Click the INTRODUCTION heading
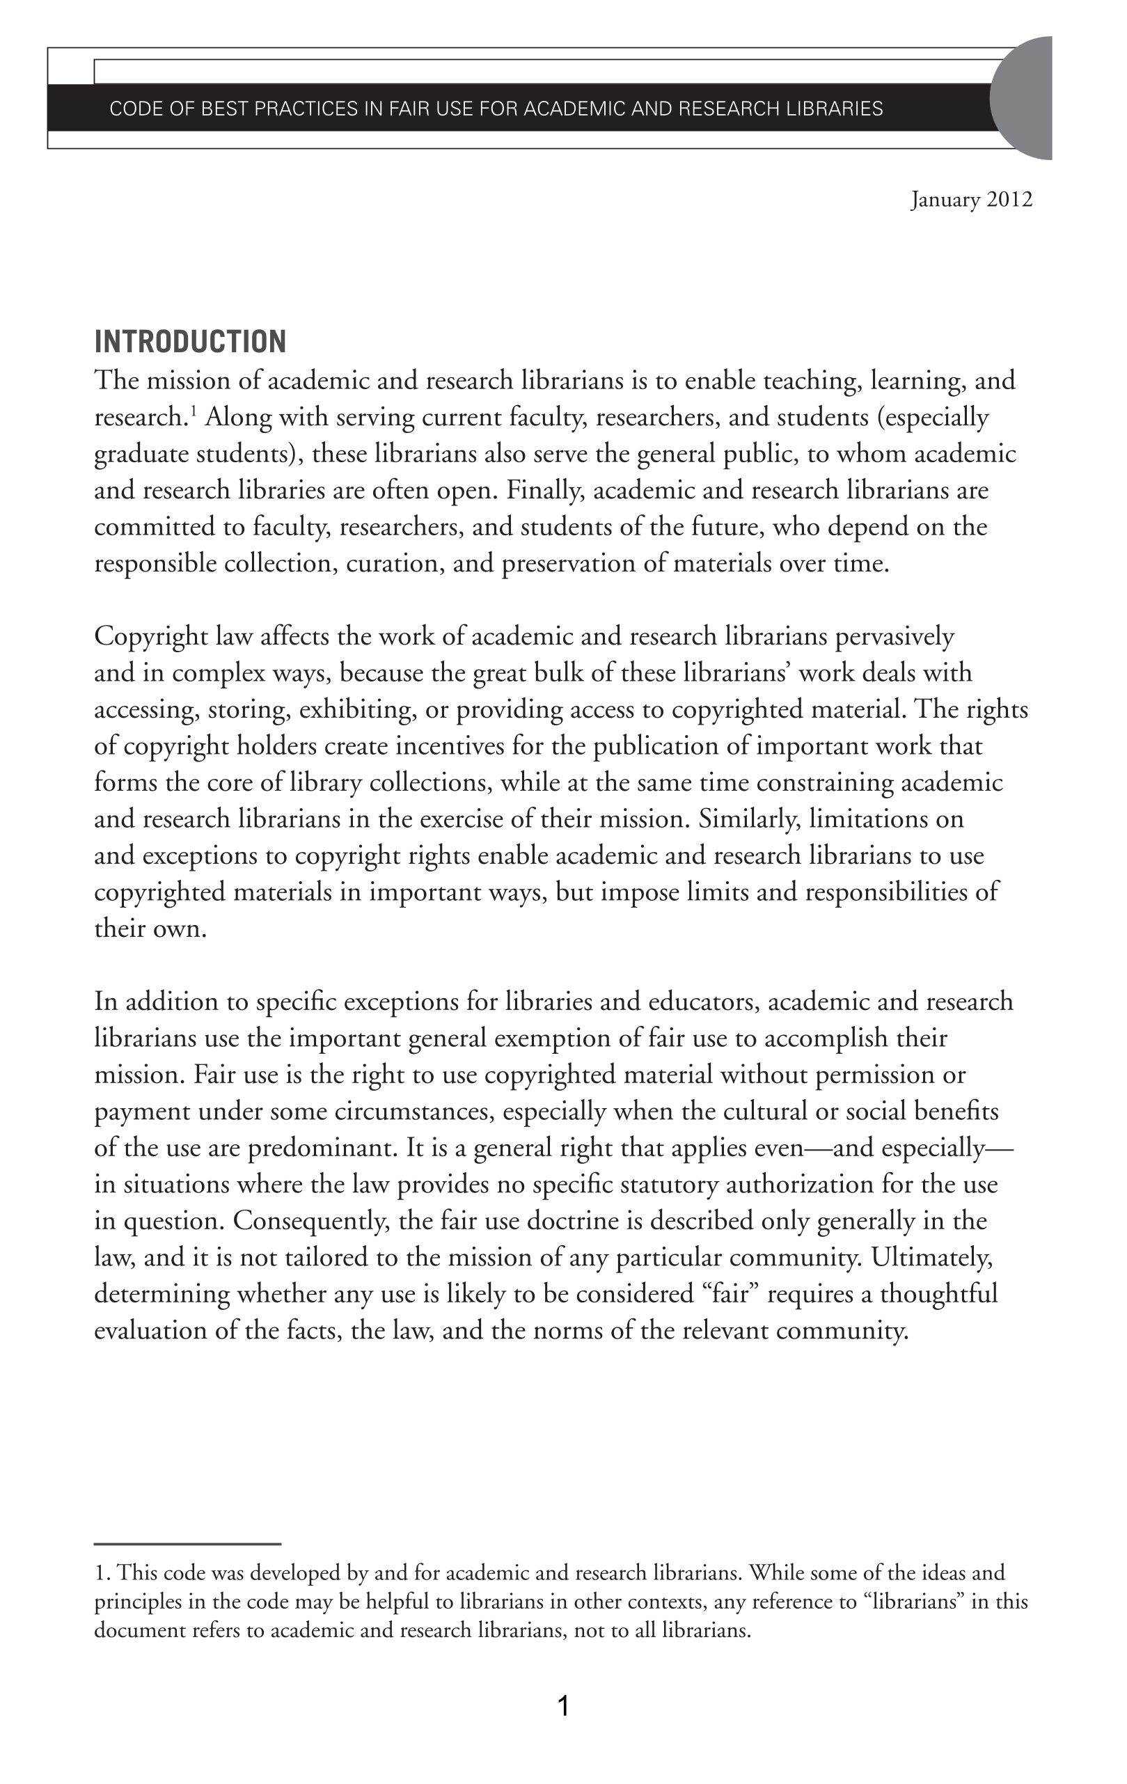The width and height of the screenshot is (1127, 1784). pos(189,342)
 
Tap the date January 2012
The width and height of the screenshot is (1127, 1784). pos(970,200)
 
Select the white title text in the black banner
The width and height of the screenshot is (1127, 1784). pos(496,109)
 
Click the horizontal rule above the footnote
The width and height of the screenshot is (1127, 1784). pos(187,1544)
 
